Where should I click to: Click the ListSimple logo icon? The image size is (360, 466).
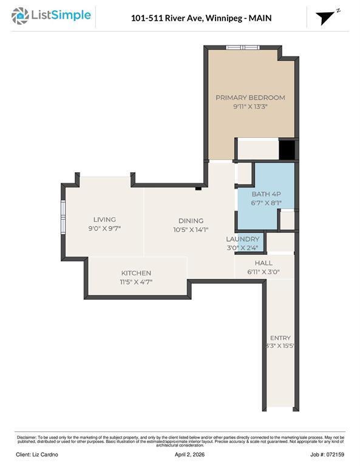pos(20,16)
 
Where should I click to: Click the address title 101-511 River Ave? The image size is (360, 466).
pos(201,18)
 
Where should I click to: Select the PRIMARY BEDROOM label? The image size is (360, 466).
pos(250,98)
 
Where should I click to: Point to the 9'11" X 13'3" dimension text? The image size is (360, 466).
pos(250,107)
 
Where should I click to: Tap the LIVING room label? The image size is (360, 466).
pos(104,220)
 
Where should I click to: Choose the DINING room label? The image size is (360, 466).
pos(191,221)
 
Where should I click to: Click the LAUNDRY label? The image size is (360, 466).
pos(243,240)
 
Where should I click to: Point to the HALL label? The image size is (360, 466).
pos(263,263)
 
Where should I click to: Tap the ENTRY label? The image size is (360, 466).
pos(280,338)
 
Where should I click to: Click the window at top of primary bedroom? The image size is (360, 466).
pos(243,47)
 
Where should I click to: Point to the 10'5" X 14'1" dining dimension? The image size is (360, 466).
pos(191,229)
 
